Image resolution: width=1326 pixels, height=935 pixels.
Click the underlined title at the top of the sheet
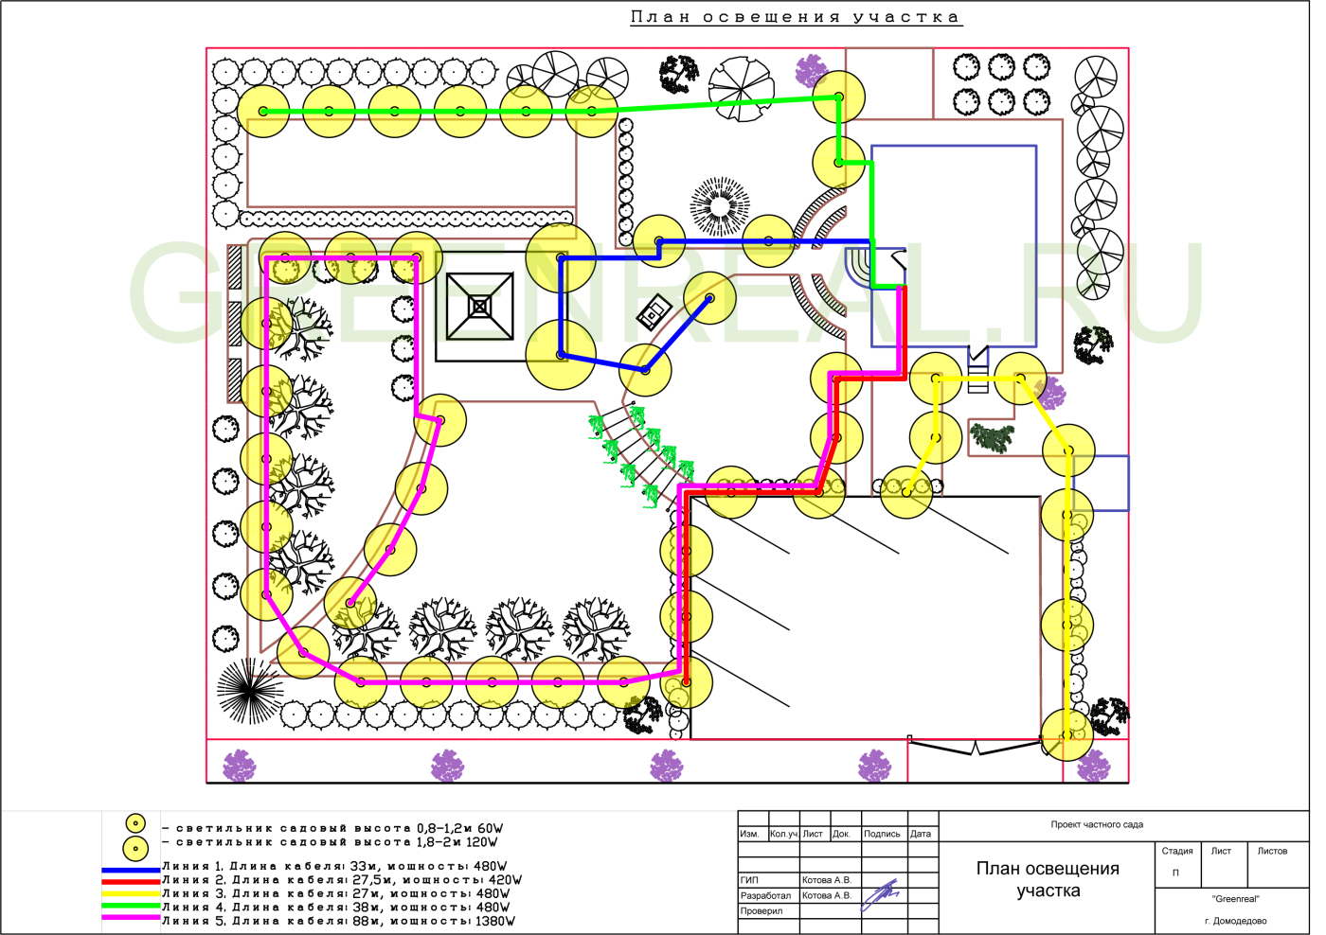pos(796,18)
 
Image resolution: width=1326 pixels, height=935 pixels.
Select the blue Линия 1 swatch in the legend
pos(132,868)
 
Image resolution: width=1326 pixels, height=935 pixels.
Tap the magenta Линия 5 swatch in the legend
pos(132,917)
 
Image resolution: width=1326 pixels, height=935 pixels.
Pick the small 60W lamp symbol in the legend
pos(135,823)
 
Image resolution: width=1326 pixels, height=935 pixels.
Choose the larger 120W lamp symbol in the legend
pos(135,847)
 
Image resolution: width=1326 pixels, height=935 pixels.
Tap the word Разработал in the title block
pos(765,895)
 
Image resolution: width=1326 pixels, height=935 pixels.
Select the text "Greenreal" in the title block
pos(1236,899)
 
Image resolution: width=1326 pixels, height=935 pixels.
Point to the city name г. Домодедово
pos(1236,921)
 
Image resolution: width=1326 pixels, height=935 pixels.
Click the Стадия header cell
pos(1177,851)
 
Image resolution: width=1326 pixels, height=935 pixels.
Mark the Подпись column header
pos(882,834)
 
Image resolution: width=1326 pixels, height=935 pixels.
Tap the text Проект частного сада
pos(1097,824)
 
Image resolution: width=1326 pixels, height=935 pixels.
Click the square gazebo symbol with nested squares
pos(480,306)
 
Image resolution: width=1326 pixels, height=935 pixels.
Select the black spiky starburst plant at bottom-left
pos(249,690)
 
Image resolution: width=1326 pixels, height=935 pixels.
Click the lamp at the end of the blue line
pos(709,298)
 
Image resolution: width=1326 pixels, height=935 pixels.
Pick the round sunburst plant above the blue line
pos(720,205)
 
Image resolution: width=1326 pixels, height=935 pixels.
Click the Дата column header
pos(921,834)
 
